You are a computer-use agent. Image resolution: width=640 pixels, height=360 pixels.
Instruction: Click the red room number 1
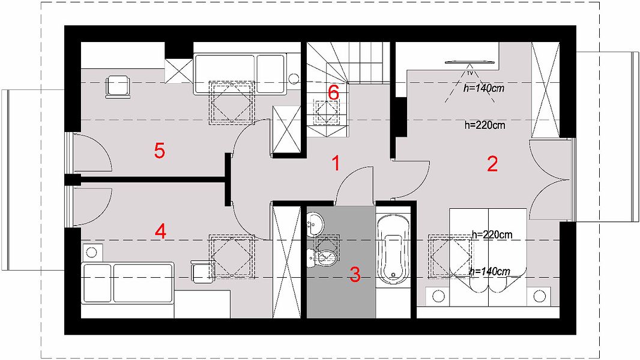coord(336,163)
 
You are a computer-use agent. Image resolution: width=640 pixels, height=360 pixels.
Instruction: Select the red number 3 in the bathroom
coord(355,274)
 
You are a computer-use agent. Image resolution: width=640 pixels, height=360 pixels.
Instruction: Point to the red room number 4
coord(160,232)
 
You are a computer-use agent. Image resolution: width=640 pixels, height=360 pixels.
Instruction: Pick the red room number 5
coord(160,151)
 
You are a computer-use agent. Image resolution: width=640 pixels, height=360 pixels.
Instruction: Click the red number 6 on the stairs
coord(333,92)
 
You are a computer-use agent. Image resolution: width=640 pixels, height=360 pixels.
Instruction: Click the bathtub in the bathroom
coord(393,249)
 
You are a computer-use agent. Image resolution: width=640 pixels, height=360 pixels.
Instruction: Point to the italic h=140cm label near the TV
coord(484,88)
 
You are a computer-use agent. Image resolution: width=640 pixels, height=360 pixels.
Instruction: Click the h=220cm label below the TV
coord(485,125)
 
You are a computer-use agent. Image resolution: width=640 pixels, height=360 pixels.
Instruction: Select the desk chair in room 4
coord(203,272)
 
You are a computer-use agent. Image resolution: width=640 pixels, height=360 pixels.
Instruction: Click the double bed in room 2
coord(488,257)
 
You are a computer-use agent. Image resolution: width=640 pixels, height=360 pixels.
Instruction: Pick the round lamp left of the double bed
coord(438,296)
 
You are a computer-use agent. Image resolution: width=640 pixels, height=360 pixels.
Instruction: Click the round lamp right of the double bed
coord(540,296)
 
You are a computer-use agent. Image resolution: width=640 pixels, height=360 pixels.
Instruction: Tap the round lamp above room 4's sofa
coord(91,253)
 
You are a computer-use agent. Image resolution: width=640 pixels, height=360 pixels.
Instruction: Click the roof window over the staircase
coord(327,112)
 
